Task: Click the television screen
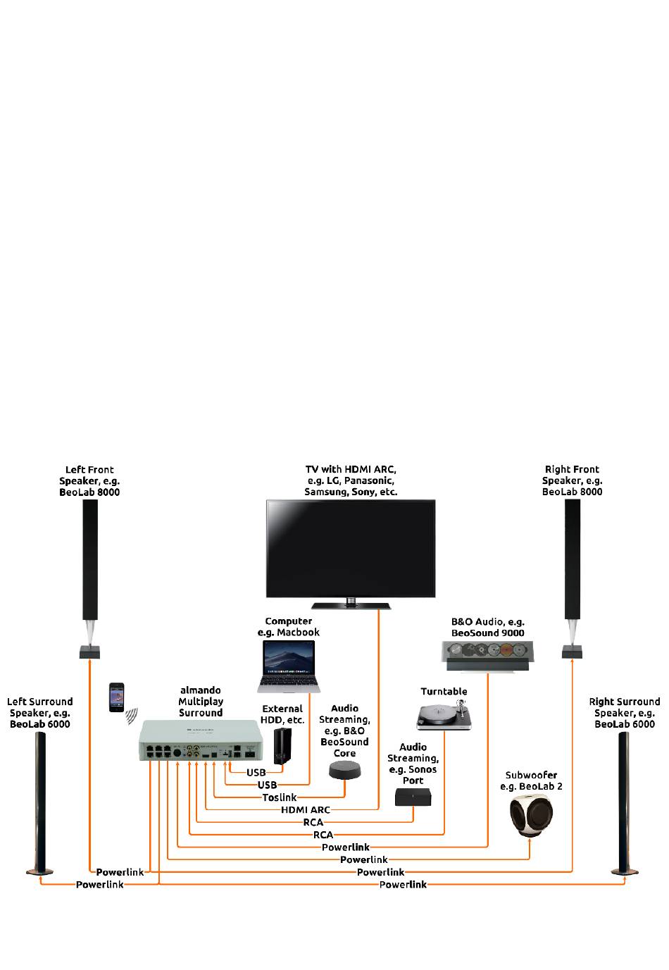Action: click(350, 549)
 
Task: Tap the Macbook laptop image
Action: click(289, 666)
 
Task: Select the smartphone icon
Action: click(116, 697)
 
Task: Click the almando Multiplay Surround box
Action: click(201, 740)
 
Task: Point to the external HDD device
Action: click(283, 746)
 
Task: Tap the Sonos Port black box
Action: click(413, 797)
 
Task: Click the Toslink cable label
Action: click(280, 797)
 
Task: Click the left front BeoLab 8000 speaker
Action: click(90, 579)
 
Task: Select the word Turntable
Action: click(444, 692)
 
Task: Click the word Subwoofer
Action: click(531, 775)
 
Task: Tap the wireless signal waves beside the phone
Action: click(132, 716)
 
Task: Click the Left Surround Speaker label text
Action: click(40, 713)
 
